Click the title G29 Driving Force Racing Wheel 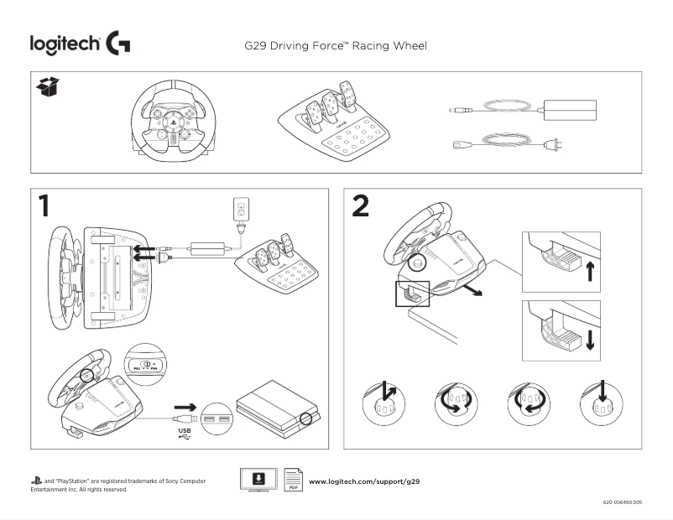pos(333,44)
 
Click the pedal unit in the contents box pos(333,123)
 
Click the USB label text pos(185,432)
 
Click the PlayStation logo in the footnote pos(35,481)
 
